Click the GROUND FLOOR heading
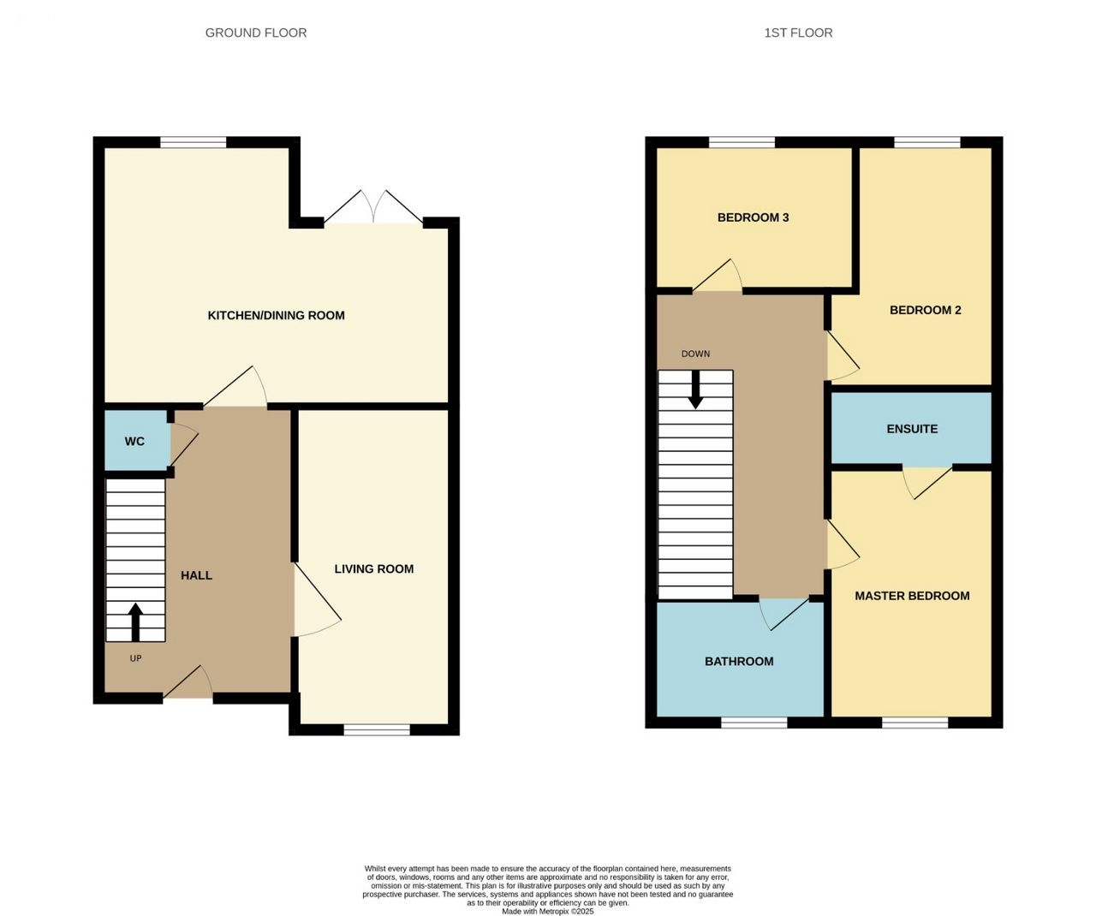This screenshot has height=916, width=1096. (256, 33)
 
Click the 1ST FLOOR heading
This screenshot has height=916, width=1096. (798, 33)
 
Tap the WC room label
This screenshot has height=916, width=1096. (134, 442)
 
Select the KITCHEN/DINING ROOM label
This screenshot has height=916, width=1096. (276, 316)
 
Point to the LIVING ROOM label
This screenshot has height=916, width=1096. (373, 569)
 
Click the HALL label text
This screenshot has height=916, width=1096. (196, 575)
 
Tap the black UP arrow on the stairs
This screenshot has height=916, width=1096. (135, 622)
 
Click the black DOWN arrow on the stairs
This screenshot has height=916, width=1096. (695, 390)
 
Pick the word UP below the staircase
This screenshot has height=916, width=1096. (135, 658)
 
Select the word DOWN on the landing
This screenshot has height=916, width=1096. (695, 354)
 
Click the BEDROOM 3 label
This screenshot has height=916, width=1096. (753, 217)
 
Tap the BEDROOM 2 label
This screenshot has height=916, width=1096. (925, 310)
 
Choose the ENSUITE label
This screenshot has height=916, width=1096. (912, 429)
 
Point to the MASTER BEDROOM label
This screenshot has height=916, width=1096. (912, 596)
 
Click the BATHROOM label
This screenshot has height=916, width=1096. (739, 662)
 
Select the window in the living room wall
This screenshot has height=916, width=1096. (377, 729)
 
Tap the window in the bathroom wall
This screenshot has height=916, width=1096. (753, 723)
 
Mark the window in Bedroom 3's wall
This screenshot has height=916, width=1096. (742, 142)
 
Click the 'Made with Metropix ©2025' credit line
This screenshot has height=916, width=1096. (547, 912)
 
